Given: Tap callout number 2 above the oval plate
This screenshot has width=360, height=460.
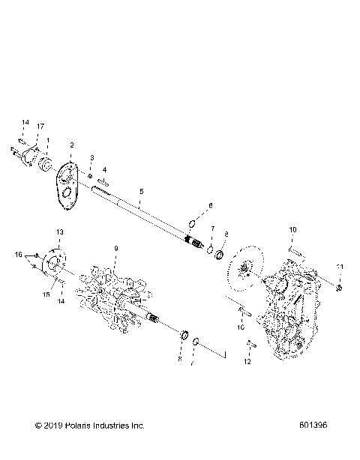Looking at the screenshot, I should pos(71,145).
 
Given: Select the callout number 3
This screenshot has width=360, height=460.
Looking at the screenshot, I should pos(92,159).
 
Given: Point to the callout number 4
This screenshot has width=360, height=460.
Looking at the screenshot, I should pos(104,171).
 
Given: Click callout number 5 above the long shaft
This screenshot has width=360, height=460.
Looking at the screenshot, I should pos(141,192).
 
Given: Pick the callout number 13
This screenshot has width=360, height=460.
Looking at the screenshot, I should pos(60,231).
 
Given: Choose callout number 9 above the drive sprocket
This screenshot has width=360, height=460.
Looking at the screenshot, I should pos(115,248).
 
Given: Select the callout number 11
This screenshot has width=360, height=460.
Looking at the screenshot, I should pos(339,267).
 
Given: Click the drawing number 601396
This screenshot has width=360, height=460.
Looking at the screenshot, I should pos(312,426).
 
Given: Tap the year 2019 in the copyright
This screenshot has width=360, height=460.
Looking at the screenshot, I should pos(54,426).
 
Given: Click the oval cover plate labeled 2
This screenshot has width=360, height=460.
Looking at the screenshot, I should pos(71,180).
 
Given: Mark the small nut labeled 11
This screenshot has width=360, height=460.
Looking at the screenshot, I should pos(339,287).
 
